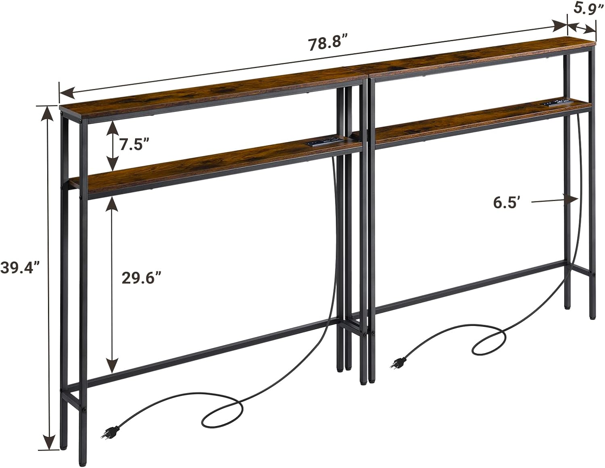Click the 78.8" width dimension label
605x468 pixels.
click(x=328, y=44)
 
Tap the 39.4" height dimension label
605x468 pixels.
click(x=20, y=267)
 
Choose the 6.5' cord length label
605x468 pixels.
click(x=505, y=203)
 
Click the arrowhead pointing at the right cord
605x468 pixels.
click(x=572, y=199)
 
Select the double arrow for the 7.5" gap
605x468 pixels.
click(x=112, y=146)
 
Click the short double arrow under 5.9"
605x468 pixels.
click(x=582, y=28)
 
